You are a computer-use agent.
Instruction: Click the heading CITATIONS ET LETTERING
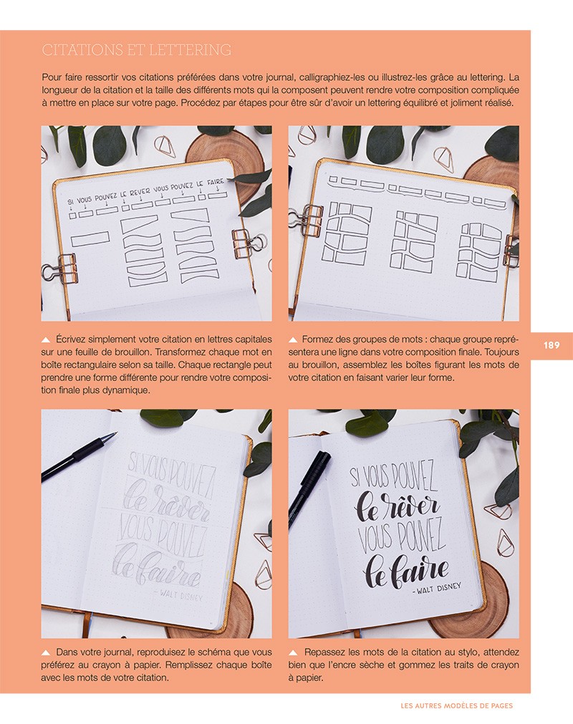(136, 50)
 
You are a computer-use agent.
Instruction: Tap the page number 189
(551, 345)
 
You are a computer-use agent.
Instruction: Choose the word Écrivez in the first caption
(74, 339)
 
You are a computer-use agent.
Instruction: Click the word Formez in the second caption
(320, 339)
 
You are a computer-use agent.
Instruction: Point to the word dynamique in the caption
(125, 391)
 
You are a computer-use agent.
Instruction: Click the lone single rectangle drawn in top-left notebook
(85, 238)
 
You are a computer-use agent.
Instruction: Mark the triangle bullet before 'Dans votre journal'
(46, 652)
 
